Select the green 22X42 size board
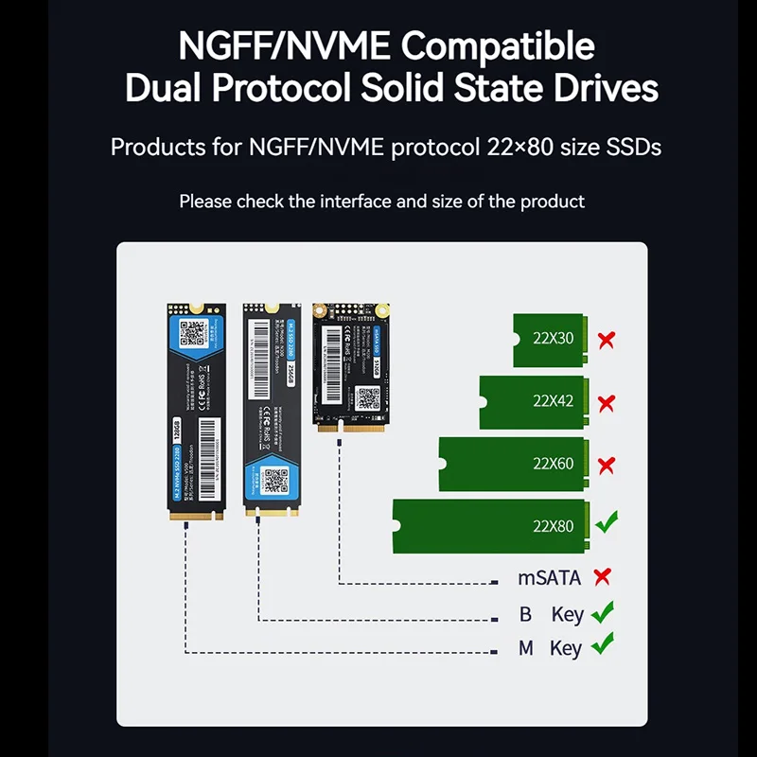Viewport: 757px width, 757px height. [x=535, y=402]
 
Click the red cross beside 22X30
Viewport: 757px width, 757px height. [x=607, y=340]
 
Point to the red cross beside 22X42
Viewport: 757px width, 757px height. [x=607, y=403]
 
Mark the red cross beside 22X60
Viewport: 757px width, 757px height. [x=607, y=465]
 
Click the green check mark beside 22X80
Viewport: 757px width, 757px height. [x=606, y=521]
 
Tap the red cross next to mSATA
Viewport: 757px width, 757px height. [x=600, y=577]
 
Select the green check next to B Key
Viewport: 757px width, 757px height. [x=602, y=613]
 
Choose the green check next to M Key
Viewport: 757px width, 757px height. [x=602, y=647]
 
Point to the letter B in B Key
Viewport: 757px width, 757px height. [x=525, y=614]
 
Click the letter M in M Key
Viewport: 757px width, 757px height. [x=526, y=648]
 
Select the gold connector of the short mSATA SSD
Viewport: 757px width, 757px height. [x=351, y=428]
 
